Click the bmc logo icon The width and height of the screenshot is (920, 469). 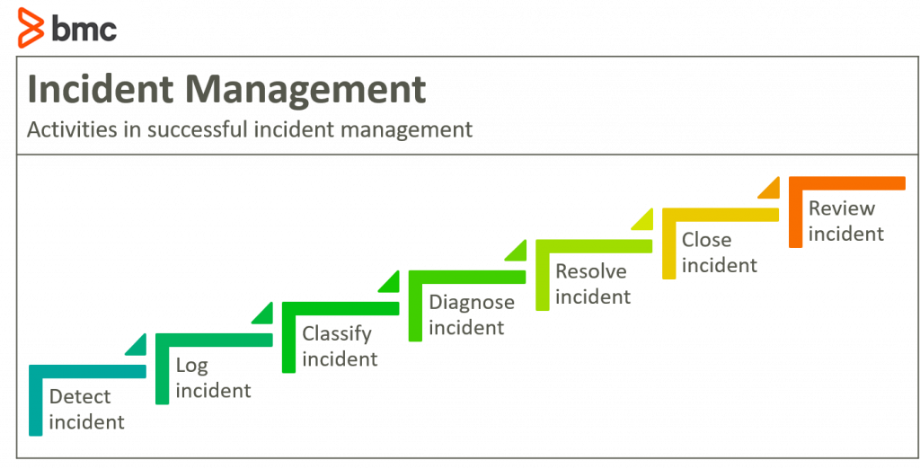tap(34, 27)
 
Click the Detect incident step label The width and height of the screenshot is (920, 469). tap(86, 409)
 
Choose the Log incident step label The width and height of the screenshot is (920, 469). tap(213, 377)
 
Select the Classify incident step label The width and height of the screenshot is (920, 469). tap(340, 346)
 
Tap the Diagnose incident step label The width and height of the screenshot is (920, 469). tap(471, 314)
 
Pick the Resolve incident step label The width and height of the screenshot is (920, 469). tap(593, 283)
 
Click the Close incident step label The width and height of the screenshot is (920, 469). tap(719, 252)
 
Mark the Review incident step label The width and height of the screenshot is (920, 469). tap(845, 220)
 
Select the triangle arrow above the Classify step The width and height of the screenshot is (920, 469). tap(390, 283)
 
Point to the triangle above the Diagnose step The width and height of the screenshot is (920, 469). tap(517, 252)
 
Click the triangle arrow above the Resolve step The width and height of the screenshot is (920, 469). tap(643, 220)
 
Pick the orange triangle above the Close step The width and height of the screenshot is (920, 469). tap(770, 190)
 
